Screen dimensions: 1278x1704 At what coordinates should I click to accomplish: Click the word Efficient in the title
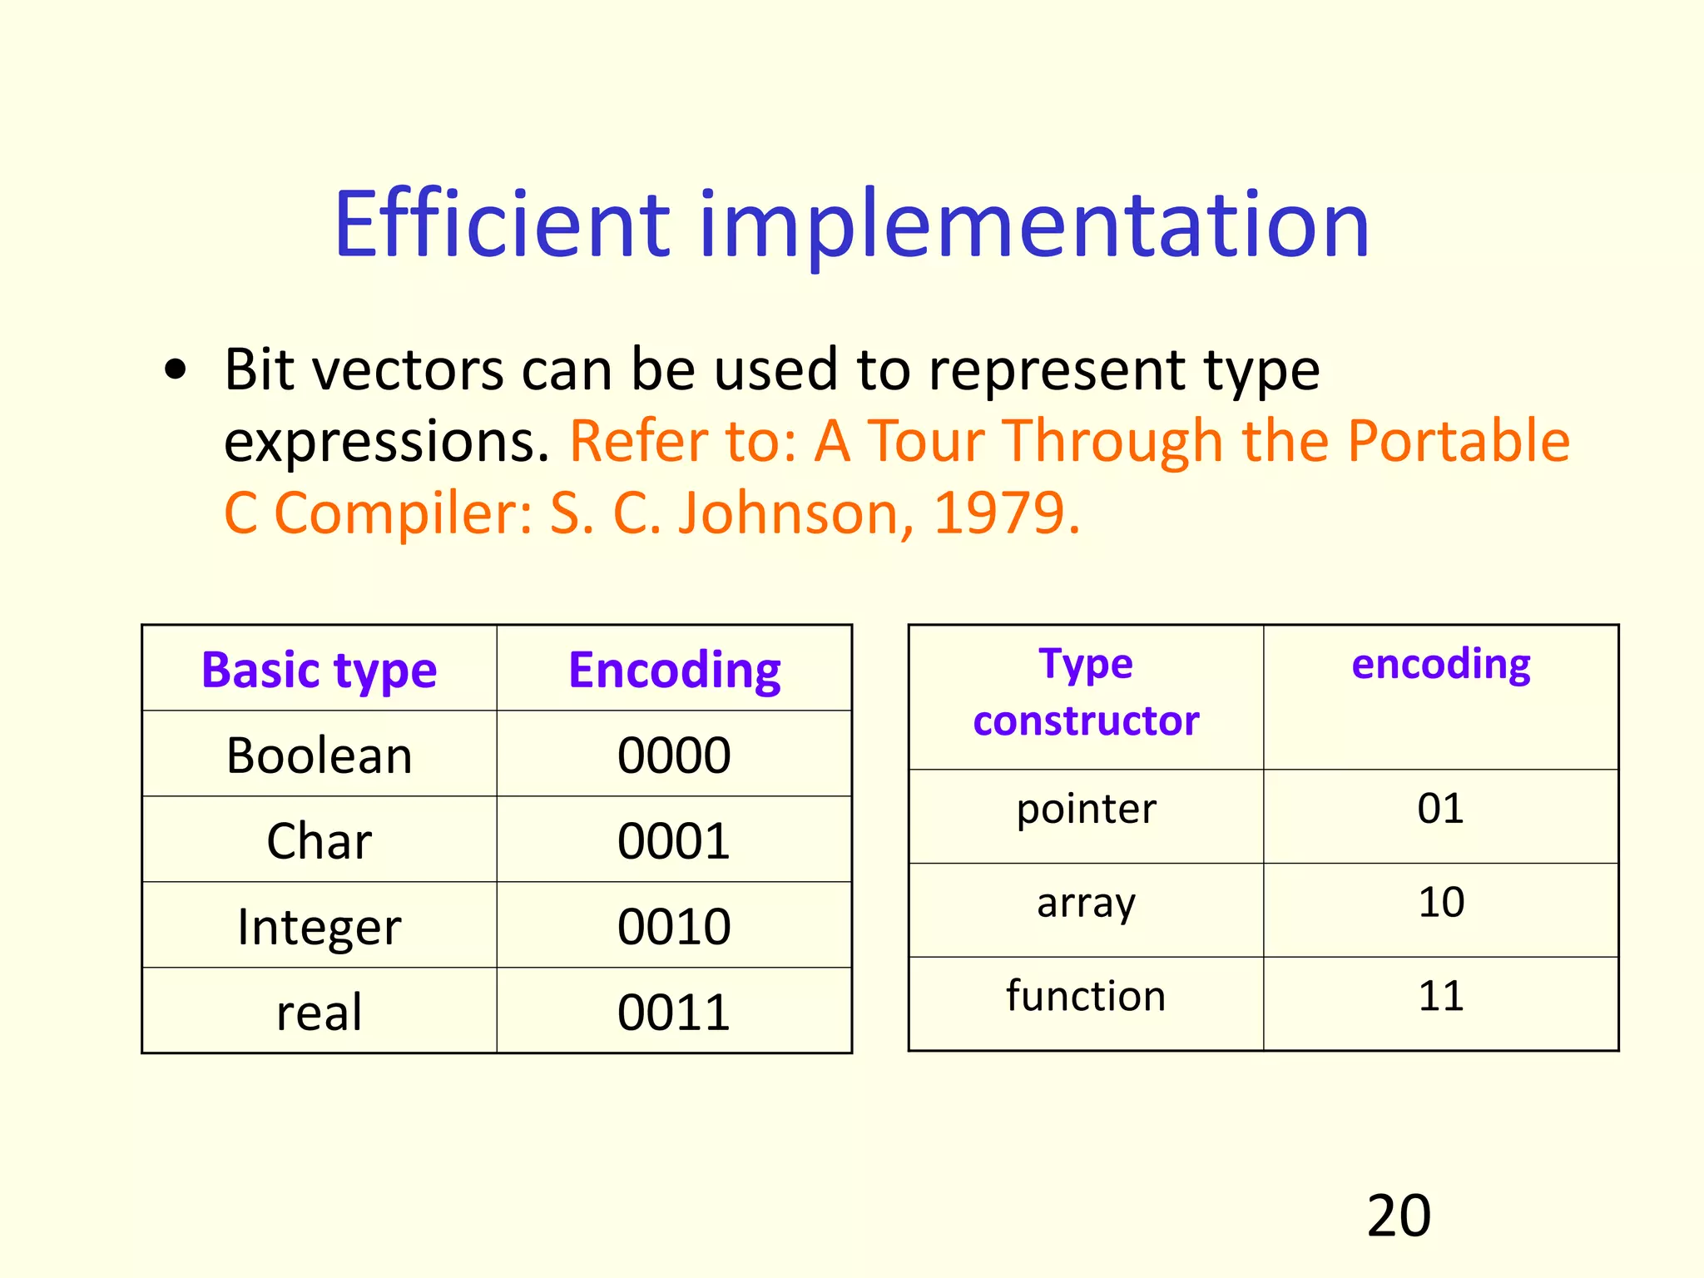[x=502, y=225]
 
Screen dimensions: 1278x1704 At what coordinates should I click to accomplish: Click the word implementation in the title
[x=1034, y=225]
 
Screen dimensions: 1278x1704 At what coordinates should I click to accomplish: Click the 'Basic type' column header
[x=319, y=670]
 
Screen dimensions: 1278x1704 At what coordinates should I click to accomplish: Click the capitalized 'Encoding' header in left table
[x=674, y=670]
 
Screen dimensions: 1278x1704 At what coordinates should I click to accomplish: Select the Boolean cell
[x=319, y=755]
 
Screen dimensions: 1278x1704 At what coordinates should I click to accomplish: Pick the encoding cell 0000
[x=674, y=755]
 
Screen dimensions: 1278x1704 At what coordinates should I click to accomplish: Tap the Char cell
[x=319, y=840]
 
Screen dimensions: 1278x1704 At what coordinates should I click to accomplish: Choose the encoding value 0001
[x=674, y=840]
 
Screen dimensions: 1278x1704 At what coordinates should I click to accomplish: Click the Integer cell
[x=319, y=926]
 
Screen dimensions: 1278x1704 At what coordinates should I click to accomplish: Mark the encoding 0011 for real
[x=674, y=1012]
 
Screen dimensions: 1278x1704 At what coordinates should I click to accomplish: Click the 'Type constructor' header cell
[x=1086, y=693]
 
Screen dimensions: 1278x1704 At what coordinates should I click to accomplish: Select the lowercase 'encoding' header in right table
[x=1441, y=665]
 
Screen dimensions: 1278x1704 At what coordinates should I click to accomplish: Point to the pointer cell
[x=1086, y=809]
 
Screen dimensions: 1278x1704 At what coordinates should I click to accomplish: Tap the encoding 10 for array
[x=1441, y=902]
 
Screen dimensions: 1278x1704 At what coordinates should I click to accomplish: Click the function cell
[x=1086, y=996]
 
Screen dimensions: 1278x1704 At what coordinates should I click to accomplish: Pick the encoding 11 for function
[x=1441, y=996]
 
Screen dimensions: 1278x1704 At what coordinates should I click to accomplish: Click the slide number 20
[x=1399, y=1216]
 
